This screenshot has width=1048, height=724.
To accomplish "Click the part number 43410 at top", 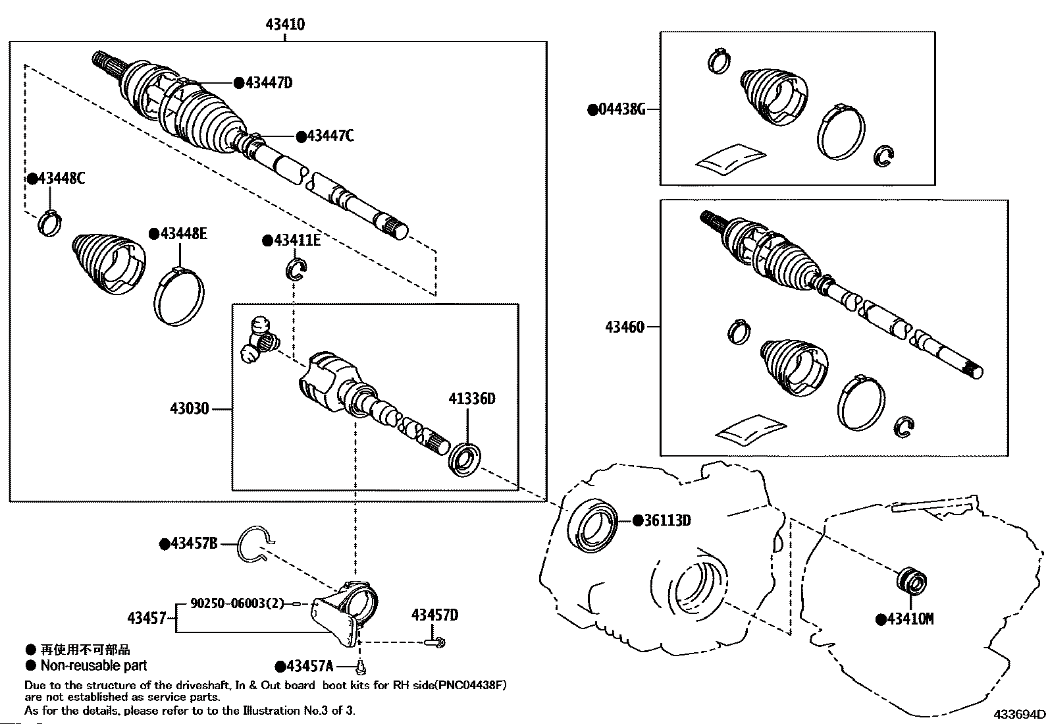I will [x=285, y=24].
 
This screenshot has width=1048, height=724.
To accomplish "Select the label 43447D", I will [x=268, y=82].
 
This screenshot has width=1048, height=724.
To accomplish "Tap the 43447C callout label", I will [x=330, y=136].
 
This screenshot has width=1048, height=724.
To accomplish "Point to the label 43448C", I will [x=61, y=179].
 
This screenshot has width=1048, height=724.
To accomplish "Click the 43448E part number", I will [x=182, y=233].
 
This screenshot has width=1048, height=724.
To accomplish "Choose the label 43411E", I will [x=296, y=240].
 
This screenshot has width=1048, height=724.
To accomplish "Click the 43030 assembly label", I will [x=190, y=408].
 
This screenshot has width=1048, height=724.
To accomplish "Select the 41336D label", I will [x=471, y=399].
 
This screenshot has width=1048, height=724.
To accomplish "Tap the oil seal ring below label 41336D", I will [x=465, y=459].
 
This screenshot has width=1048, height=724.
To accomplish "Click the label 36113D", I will [x=667, y=520].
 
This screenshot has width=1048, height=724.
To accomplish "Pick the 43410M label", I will [x=909, y=619].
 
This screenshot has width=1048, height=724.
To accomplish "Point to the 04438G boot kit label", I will [x=621, y=109].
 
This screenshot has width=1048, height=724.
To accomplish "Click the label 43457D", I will [x=434, y=615].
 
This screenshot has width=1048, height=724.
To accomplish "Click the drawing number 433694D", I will [x=1019, y=715].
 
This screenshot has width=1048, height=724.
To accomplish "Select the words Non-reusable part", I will [x=93, y=665].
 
